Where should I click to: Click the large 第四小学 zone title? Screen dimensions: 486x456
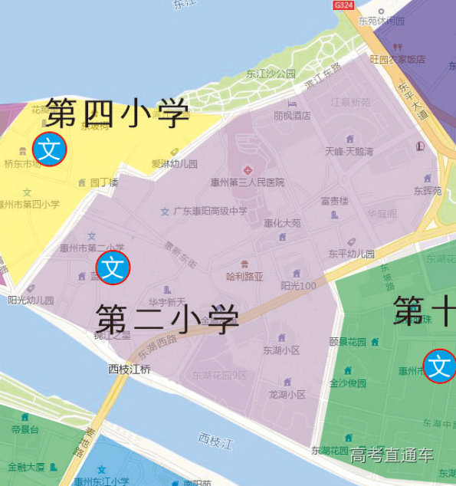117,114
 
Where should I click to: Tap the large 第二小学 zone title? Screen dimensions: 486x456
166,318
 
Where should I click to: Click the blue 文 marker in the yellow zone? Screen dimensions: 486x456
50,149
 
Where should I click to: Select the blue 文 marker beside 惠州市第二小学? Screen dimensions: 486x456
113,268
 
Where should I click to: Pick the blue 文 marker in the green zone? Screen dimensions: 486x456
440,366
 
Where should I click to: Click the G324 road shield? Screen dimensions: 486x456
344,5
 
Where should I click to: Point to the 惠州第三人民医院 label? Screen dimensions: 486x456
247,182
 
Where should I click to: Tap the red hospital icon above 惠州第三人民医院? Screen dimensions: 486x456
247,169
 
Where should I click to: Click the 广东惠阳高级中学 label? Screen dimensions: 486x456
210,211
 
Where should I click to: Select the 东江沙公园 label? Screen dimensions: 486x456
271,74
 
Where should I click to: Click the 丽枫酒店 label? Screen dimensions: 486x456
292,116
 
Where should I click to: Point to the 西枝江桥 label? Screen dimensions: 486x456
130,369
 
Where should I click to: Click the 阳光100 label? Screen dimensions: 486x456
298,286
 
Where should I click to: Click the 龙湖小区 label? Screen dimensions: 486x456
287,394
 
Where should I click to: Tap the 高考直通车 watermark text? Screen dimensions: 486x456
392,455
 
